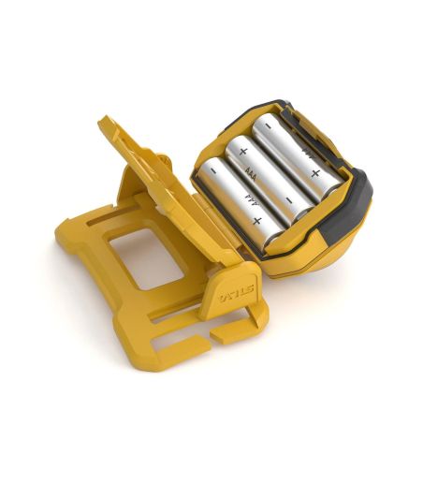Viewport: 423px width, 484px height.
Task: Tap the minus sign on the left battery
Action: tap(214, 172)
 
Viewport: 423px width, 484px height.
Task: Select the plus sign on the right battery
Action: tap(315, 173)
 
